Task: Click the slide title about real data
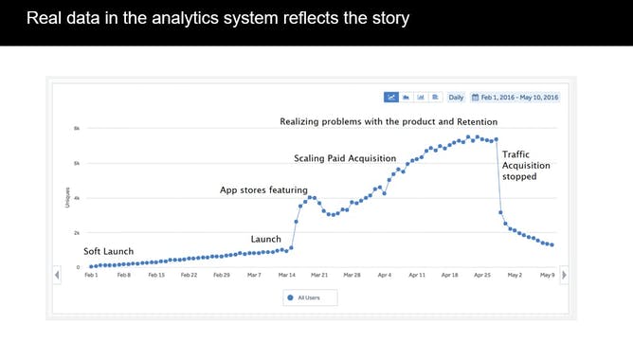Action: click(217, 19)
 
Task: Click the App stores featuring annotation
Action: click(263, 189)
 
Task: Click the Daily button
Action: click(456, 97)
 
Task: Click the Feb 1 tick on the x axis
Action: click(91, 275)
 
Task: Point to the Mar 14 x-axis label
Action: click(286, 275)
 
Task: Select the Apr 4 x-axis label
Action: click(384, 275)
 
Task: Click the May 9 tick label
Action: click(547, 275)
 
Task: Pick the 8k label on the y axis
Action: click(77, 128)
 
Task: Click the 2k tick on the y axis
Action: click(77, 232)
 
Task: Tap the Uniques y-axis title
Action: click(65, 197)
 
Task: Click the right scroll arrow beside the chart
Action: click(565, 275)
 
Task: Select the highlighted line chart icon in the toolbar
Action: click(390, 97)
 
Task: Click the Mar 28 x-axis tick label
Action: click(352, 275)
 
